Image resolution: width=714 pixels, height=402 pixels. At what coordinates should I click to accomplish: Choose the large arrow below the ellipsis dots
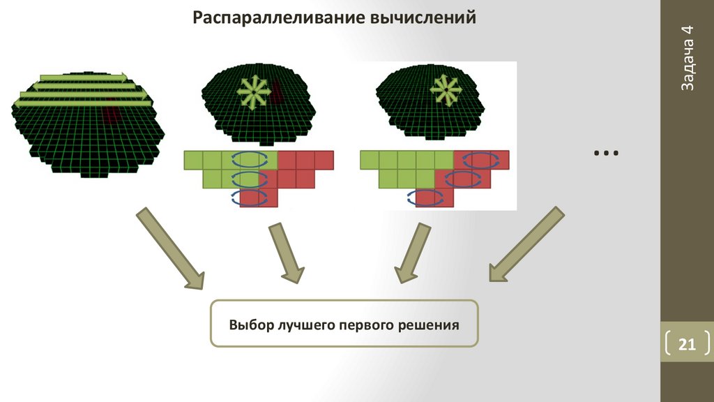524,244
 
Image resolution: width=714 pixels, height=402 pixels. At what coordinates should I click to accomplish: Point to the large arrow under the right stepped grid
410,252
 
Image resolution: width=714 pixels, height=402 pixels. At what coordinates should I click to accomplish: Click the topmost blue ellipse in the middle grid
248,158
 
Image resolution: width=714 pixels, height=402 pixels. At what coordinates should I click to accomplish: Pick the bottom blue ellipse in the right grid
425,198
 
